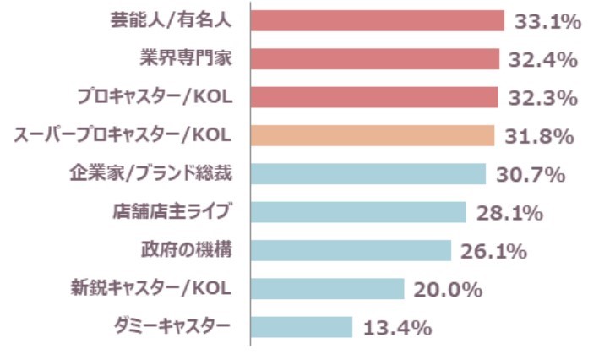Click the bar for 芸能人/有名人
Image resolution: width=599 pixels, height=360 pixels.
(x=377, y=20)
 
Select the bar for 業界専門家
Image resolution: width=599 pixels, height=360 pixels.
(x=374, y=59)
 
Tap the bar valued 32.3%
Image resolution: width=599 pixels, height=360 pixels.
(x=374, y=97)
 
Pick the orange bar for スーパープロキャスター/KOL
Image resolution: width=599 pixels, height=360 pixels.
(x=373, y=135)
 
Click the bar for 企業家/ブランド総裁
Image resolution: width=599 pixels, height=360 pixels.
(x=368, y=174)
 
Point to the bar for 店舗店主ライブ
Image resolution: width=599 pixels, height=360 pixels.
(x=358, y=212)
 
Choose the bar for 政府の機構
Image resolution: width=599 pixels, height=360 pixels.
(x=351, y=250)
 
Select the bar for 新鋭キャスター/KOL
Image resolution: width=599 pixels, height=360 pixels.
(x=328, y=289)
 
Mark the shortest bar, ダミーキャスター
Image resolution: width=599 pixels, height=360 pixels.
(x=302, y=327)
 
